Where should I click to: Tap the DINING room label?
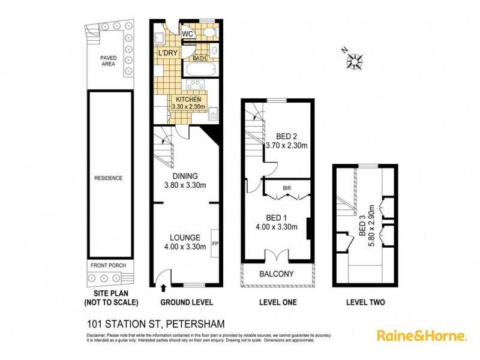(185, 176)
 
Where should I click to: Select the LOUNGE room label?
(185, 238)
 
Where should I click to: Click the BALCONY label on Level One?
(277, 274)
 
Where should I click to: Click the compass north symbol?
(355, 61)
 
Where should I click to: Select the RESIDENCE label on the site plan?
(108, 178)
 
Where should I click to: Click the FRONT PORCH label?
(108, 266)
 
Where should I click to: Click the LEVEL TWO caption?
(365, 302)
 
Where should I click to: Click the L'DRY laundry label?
(169, 54)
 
